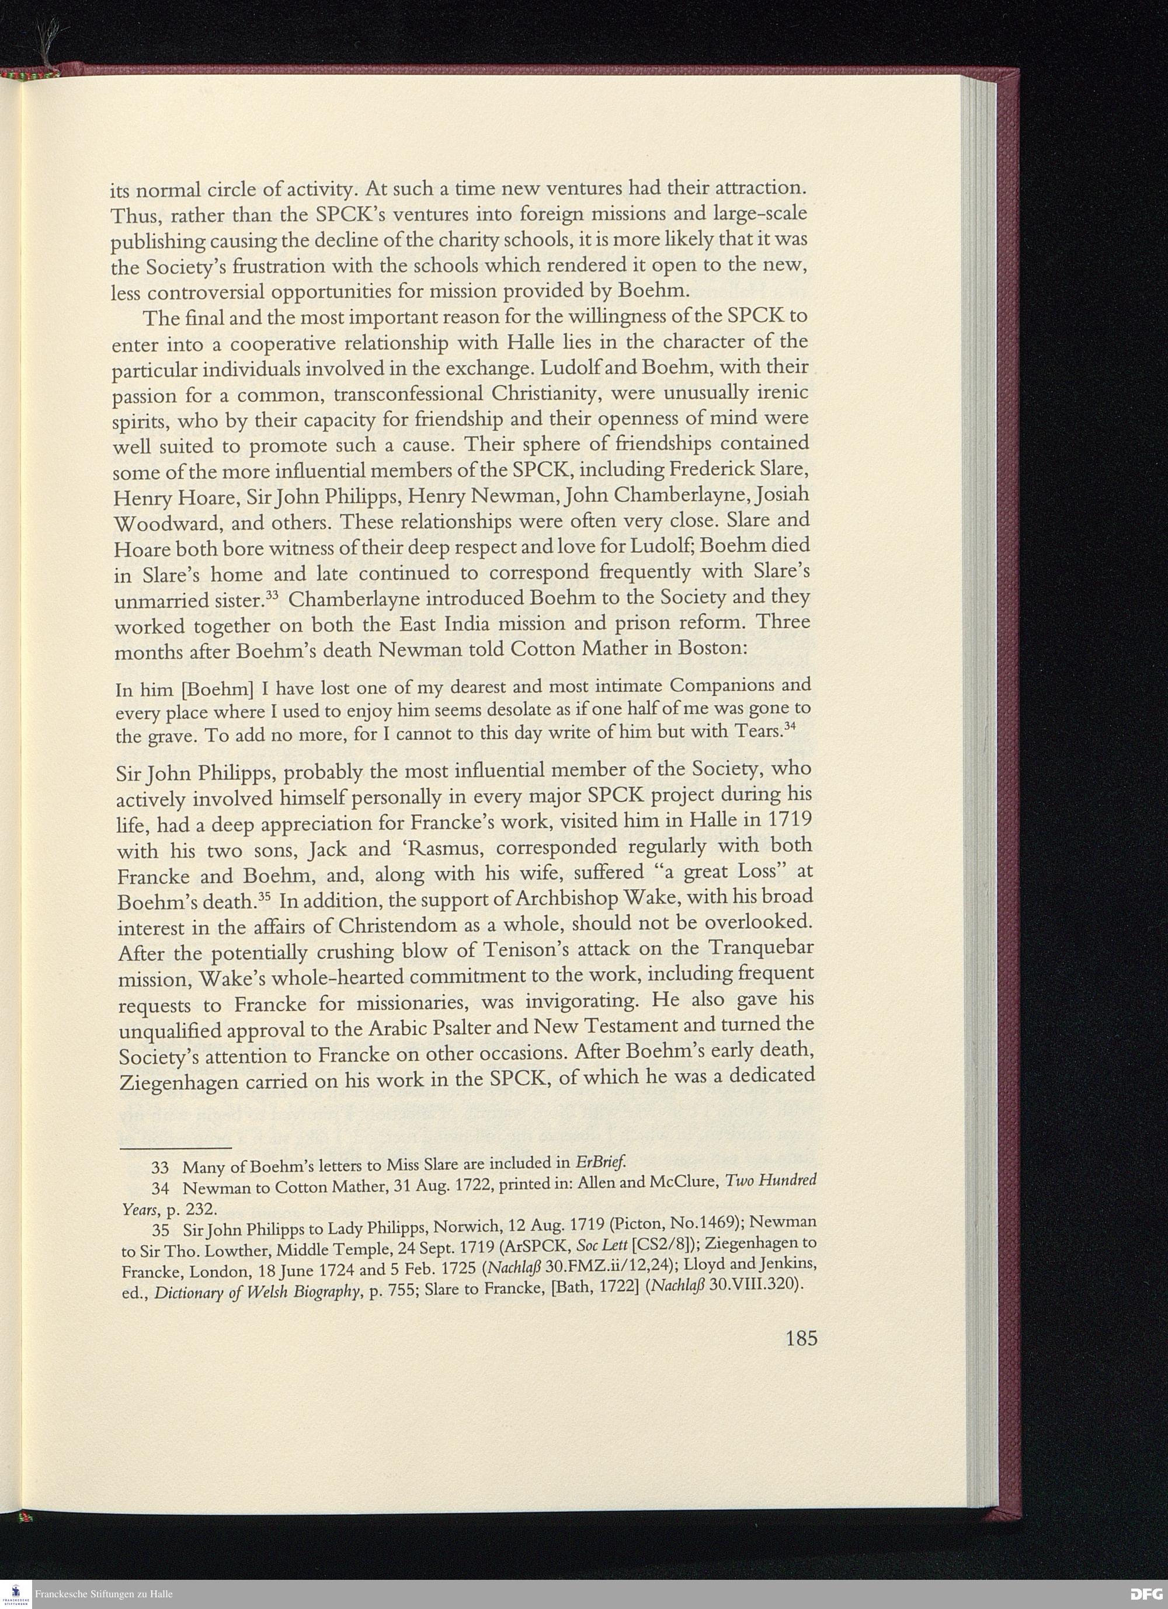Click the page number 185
802,1339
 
